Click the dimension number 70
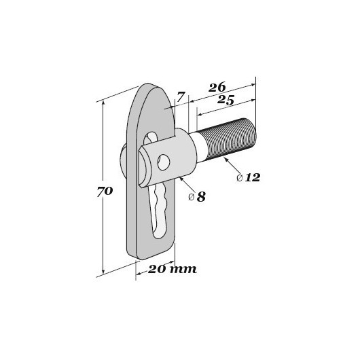[105, 192]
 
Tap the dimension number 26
[217, 87]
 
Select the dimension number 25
[226, 100]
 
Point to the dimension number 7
[181, 97]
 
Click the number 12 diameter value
[253, 177]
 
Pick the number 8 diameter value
[201, 197]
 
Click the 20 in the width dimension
[157, 269]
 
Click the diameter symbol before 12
[240, 178]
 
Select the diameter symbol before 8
[192, 197]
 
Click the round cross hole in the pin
[164, 162]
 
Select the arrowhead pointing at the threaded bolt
[226, 160]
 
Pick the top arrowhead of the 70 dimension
[103, 103]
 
